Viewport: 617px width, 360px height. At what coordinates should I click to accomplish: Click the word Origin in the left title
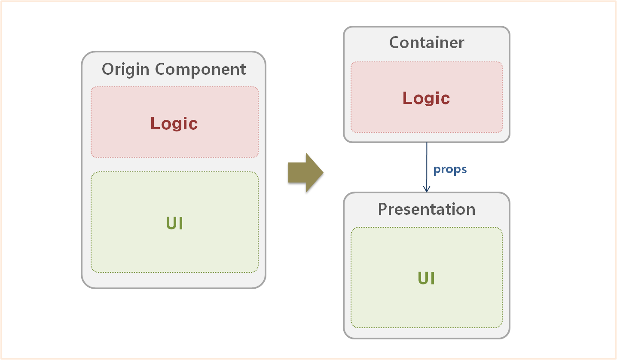(126, 70)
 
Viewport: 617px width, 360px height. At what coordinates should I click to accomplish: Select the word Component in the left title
(200, 70)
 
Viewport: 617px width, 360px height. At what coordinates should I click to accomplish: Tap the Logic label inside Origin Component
(174, 124)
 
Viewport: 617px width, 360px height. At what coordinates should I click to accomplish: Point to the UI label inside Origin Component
(174, 223)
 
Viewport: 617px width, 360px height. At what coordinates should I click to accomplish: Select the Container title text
(426, 43)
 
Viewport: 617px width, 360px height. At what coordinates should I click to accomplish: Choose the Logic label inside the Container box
(426, 98)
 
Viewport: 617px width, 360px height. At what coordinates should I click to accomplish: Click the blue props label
(450, 169)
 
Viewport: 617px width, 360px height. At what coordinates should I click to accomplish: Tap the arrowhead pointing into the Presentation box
(427, 189)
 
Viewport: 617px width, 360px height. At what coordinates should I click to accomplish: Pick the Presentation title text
(426, 209)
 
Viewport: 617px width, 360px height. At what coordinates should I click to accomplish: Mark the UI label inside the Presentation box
(426, 278)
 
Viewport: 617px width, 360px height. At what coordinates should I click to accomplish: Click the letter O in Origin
(108, 70)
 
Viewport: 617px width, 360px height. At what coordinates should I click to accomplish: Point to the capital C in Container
(395, 43)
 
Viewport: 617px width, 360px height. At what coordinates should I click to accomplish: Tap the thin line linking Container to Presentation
(427, 163)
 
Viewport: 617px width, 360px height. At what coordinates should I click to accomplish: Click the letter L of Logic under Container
(407, 98)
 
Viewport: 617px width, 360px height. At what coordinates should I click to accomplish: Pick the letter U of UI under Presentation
(423, 278)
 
